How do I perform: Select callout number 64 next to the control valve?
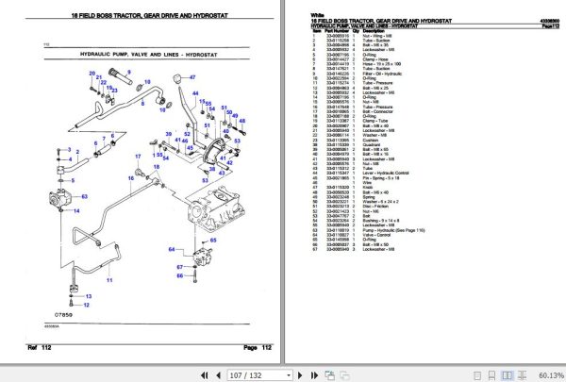[x=173, y=249]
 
